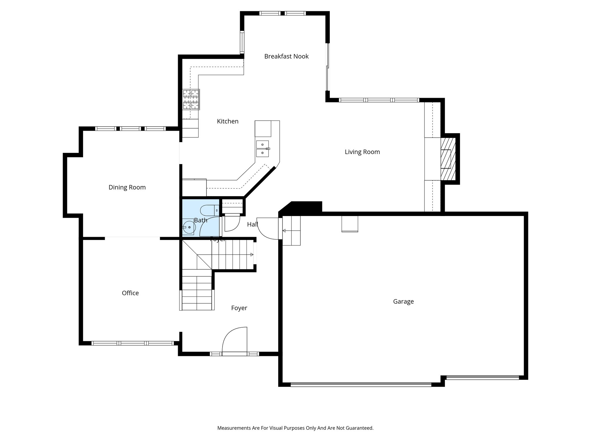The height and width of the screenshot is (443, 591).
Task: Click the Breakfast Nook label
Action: pos(286,56)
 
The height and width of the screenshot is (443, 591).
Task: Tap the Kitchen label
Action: pos(228,121)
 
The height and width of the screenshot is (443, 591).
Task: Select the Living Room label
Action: pos(362,152)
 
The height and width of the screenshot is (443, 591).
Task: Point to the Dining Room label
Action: pos(127,187)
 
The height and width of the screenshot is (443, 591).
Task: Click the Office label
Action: pos(130,293)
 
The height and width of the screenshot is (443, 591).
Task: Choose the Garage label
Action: pos(403,301)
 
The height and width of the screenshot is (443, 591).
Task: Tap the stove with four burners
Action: pos(191,100)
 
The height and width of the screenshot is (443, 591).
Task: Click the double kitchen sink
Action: pos(262,148)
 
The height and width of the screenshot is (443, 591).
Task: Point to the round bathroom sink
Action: pos(189,227)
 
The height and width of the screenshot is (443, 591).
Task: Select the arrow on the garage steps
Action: pos(284,230)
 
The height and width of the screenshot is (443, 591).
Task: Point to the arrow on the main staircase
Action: pos(252,255)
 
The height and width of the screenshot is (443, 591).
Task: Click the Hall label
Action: pos(252,224)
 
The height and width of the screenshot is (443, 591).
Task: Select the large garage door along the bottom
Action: pos(361,384)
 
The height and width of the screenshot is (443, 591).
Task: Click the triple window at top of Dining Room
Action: pos(130,129)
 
